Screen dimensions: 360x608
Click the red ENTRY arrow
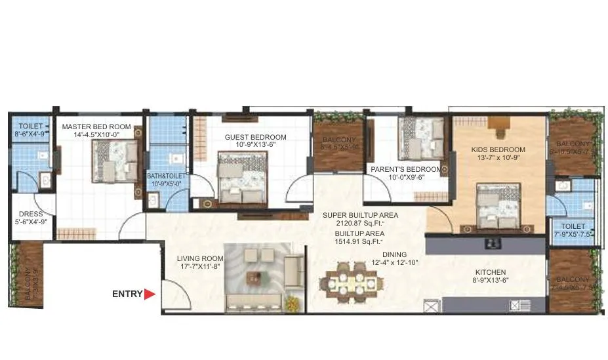(150, 294)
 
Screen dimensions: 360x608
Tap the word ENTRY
(127, 294)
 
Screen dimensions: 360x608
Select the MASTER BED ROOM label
(96, 127)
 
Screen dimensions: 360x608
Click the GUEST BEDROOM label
(255, 137)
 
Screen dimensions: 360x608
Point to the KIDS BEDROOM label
(498, 150)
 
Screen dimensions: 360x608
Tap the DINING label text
(395, 254)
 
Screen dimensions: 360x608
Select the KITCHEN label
(491, 272)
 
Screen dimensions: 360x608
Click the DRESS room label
(30, 214)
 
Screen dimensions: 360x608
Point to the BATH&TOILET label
(166, 176)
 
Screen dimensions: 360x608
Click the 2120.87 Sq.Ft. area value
(359, 224)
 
